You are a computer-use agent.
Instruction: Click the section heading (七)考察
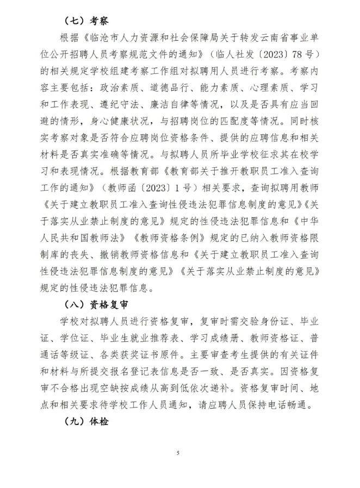(x=86, y=21)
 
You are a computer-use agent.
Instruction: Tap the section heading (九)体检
(x=86, y=421)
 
